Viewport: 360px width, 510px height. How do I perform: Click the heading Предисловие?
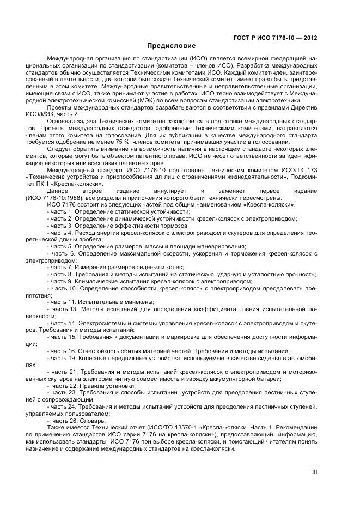click(x=171, y=45)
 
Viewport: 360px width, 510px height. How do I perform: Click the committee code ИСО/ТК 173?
click(x=300, y=170)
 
